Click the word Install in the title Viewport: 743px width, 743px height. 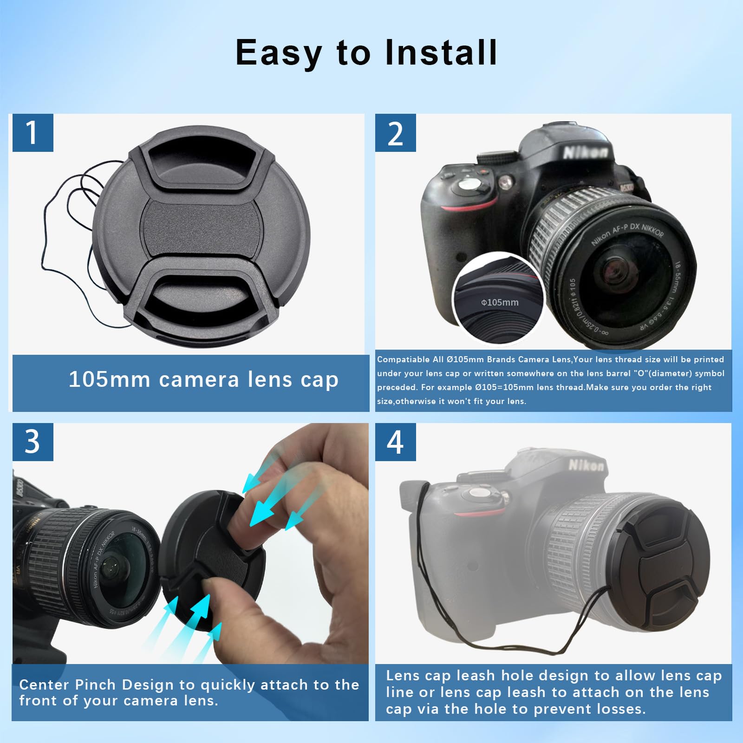tap(441, 52)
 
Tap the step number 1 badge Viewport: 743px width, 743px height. tap(33, 133)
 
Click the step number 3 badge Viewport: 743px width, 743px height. tap(33, 442)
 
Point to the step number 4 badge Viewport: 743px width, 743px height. tap(395, 442)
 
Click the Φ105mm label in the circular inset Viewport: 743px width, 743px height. tap(500, 302)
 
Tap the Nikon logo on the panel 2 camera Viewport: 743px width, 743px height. tap(585, 152)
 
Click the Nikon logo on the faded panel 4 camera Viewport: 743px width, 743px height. tap(587, 465)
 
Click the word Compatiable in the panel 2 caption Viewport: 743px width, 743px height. tap(403, 359)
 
